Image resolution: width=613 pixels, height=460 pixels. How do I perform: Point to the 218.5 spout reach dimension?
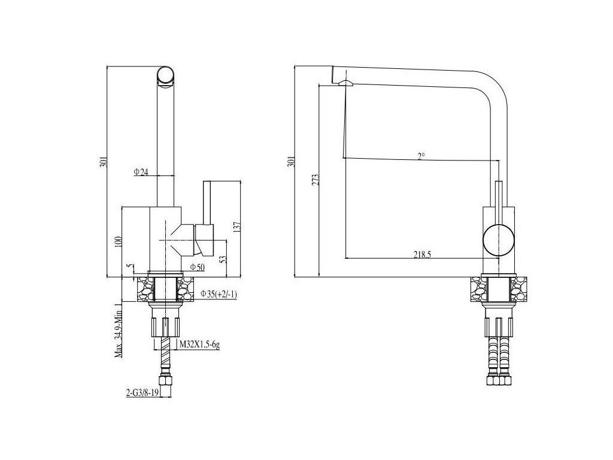point(422,254)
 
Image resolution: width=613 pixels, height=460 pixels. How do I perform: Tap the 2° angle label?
point(421,156)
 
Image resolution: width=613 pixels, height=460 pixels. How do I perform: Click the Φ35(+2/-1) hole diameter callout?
point(220,294)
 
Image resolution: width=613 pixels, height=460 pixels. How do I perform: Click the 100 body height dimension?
point(118,242)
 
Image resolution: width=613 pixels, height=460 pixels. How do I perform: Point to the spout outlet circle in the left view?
point(166,77)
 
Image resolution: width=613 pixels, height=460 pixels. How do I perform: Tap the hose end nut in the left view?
point(166,382)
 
